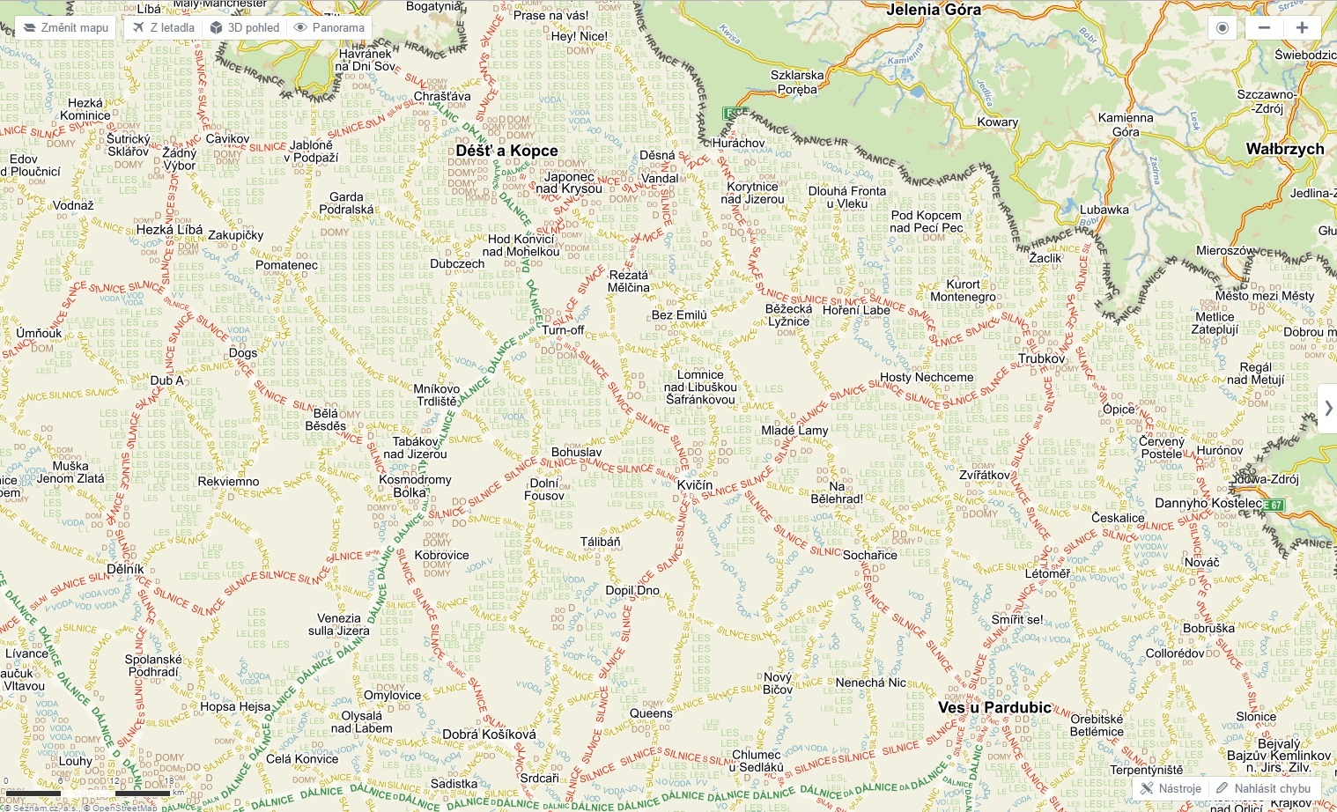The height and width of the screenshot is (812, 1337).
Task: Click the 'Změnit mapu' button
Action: click(65, 27)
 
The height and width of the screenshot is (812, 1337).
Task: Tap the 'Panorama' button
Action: click(329, 27)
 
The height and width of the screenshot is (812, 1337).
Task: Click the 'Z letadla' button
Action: click(164, 27)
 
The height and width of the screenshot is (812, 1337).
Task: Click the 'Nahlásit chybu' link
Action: click(1264, 788)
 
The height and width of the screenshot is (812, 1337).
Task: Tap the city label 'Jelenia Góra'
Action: click(934, 10)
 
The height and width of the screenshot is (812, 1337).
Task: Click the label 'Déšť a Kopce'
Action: click(506, 151)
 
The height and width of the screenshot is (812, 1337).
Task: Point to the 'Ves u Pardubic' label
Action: click(994, 707)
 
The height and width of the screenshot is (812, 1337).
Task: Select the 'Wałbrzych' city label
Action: click(1284, 149)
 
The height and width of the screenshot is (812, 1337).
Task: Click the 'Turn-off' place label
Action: click(563, 330)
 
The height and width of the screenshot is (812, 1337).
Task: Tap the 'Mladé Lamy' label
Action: click(794, 431)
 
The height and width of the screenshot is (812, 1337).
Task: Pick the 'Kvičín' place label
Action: click(695, 485)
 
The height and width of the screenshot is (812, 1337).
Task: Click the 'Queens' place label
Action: click(651, 713)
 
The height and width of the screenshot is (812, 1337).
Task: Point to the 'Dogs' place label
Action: click(243, 353)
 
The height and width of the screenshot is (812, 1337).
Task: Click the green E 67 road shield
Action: click(1274, 505)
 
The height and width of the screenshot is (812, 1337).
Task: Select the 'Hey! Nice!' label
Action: click(579, 36)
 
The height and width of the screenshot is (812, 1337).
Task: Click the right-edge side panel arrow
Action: click(1327, 408)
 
